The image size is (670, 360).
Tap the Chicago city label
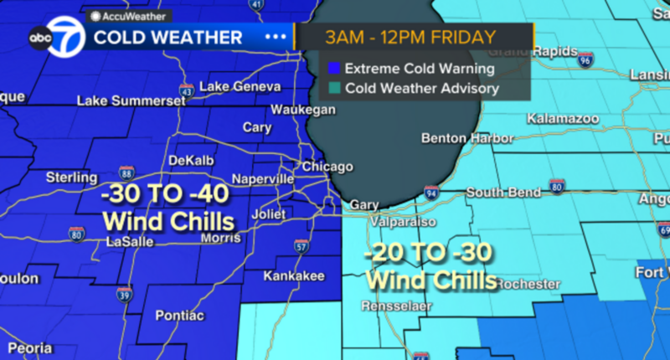click(x=322, y=167)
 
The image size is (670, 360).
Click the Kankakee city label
click(x=289, y=275)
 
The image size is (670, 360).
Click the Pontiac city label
click(x=179, y=315)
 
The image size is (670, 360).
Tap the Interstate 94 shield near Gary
click(x=431, y=193)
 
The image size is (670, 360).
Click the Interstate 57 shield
click(x=301, y=245)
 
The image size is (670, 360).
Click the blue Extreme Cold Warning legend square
click(x=334, y=69)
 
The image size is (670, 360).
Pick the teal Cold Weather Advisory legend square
click(x=334, y=87)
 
